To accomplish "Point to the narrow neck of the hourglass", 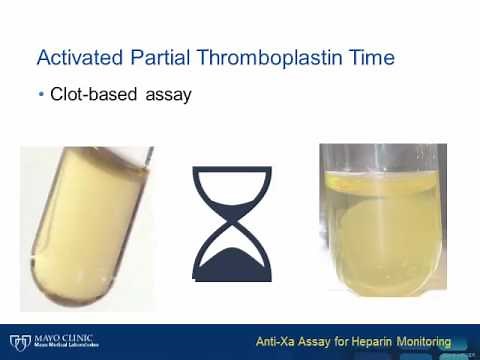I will coord(232,223).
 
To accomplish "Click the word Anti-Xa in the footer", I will coord(277,340).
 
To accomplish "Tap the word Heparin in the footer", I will coord(368,340).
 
